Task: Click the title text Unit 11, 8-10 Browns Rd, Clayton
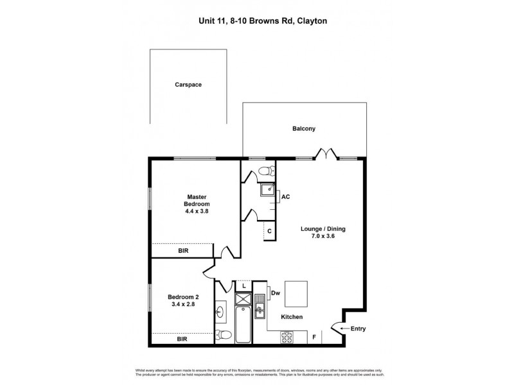tap(263, 21)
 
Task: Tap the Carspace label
tap(188, 84)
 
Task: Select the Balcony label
tap(304, 128)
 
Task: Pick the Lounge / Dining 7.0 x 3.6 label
tap(319, 232)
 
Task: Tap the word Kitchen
tap(292, 317)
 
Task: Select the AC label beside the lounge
tap(286, 196)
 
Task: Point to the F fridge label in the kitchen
tap(314, 336)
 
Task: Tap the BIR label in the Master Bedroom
tap(183, 251)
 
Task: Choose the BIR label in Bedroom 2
tap(183, 338)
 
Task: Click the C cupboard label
tap(269, 230)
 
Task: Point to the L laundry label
tap(244, 286)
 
